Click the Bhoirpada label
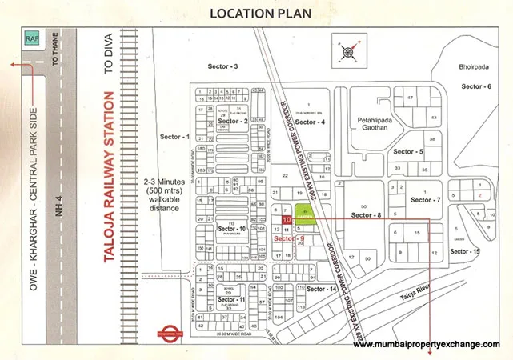[475, 67]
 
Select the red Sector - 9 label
[289, 238]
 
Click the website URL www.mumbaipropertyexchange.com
[427, 345]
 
